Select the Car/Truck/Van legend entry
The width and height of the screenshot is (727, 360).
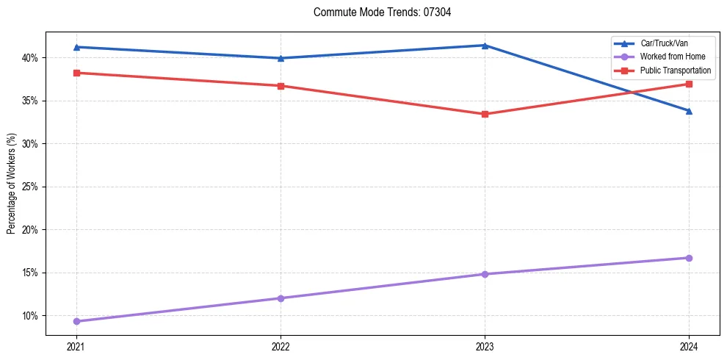click(x=664, y=43)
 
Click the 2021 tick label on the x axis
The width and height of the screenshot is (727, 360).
click(x=76, y=345)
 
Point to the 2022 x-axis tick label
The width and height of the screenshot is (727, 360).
click(x=281, y=345)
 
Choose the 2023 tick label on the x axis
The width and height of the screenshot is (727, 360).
click(x=485, y=345)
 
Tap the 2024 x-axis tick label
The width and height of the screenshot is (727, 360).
click(x=689, y=345)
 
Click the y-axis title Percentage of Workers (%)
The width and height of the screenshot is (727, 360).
click(x=12, y=184)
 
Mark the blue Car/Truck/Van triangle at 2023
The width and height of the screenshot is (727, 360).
click(x=485, y=46)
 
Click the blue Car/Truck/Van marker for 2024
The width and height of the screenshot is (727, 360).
click(x=689, y=111)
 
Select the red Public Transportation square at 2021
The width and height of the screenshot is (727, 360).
click(x=76, y=73)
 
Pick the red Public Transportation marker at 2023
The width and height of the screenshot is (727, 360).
click(x=485, y=114)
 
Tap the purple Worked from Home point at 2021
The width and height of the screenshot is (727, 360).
click(x=76, y=321)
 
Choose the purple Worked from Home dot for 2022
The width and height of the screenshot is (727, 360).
click(x=281, y=298)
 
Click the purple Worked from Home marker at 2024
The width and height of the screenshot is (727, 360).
click(x=689, y=258)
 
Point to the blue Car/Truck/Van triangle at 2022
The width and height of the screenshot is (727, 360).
click(x=281, y=58)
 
